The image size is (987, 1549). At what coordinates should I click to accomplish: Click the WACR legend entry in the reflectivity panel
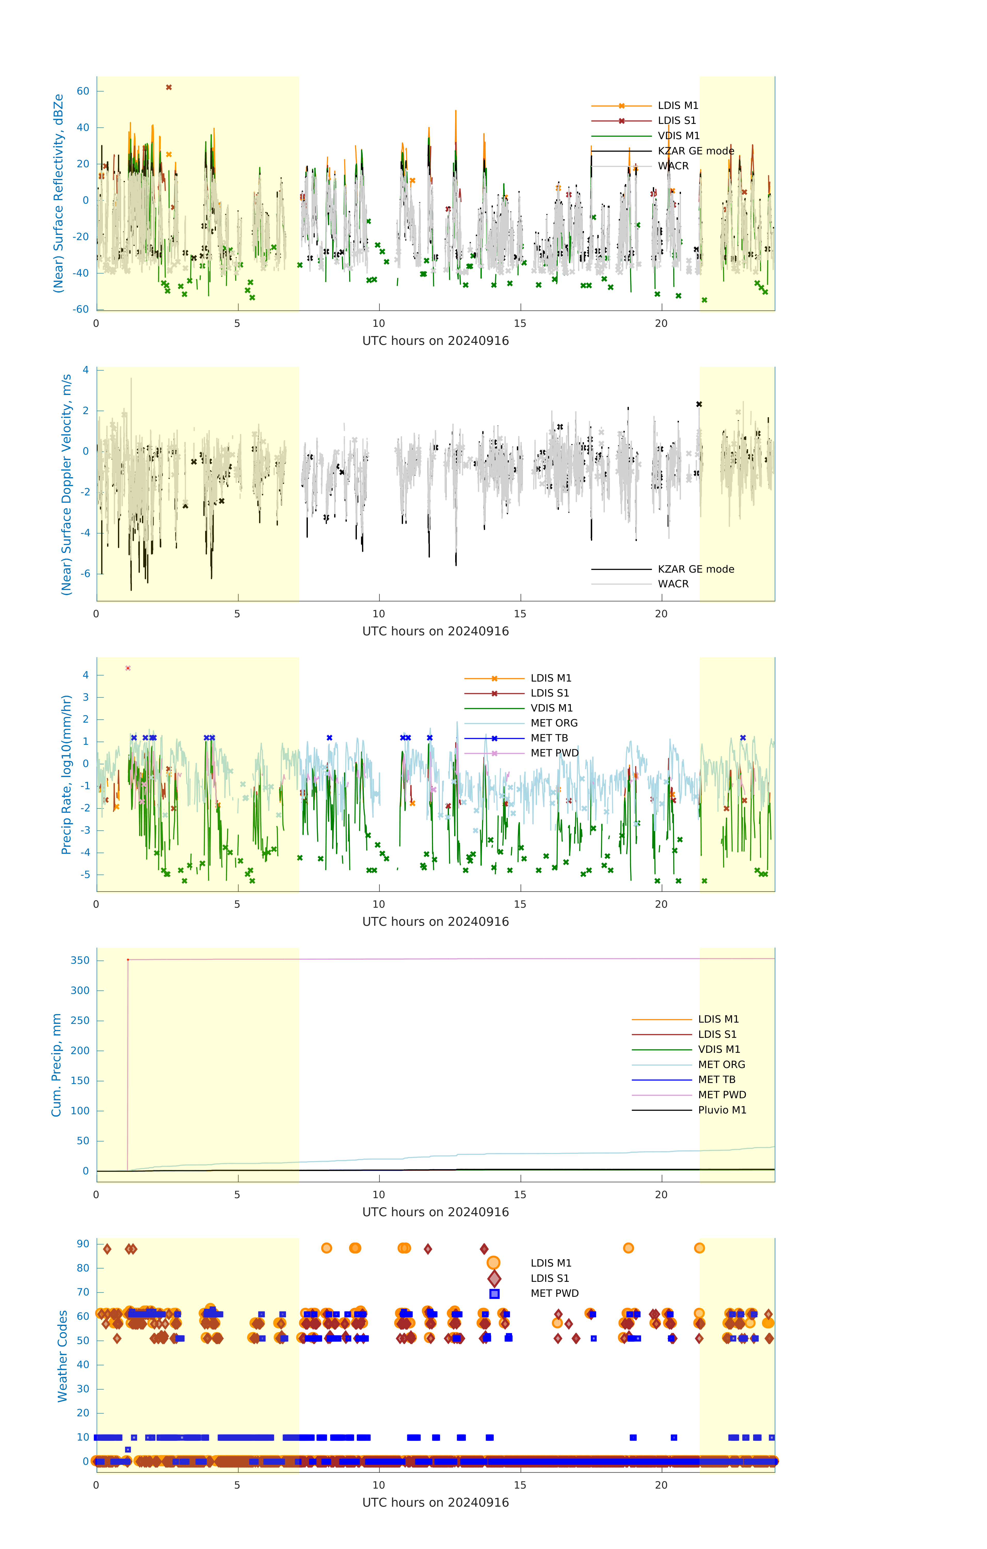click(672, 166)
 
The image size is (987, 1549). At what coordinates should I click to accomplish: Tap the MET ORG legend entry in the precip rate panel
click(553, 723)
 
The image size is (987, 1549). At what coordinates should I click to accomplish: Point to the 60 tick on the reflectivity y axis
click(83, 91)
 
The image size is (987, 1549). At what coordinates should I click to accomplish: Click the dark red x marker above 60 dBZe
click(168, 88)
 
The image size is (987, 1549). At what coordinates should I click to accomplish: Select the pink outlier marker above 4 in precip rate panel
click(128, 668)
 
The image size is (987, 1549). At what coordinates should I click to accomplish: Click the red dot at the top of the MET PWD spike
click(128, 960)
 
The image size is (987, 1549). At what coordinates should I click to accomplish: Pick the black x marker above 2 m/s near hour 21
click(699, 404)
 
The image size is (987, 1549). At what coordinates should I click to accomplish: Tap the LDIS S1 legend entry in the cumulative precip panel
click(717, 1034)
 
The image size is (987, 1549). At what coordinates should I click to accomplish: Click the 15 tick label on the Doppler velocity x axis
click(519, 614)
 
